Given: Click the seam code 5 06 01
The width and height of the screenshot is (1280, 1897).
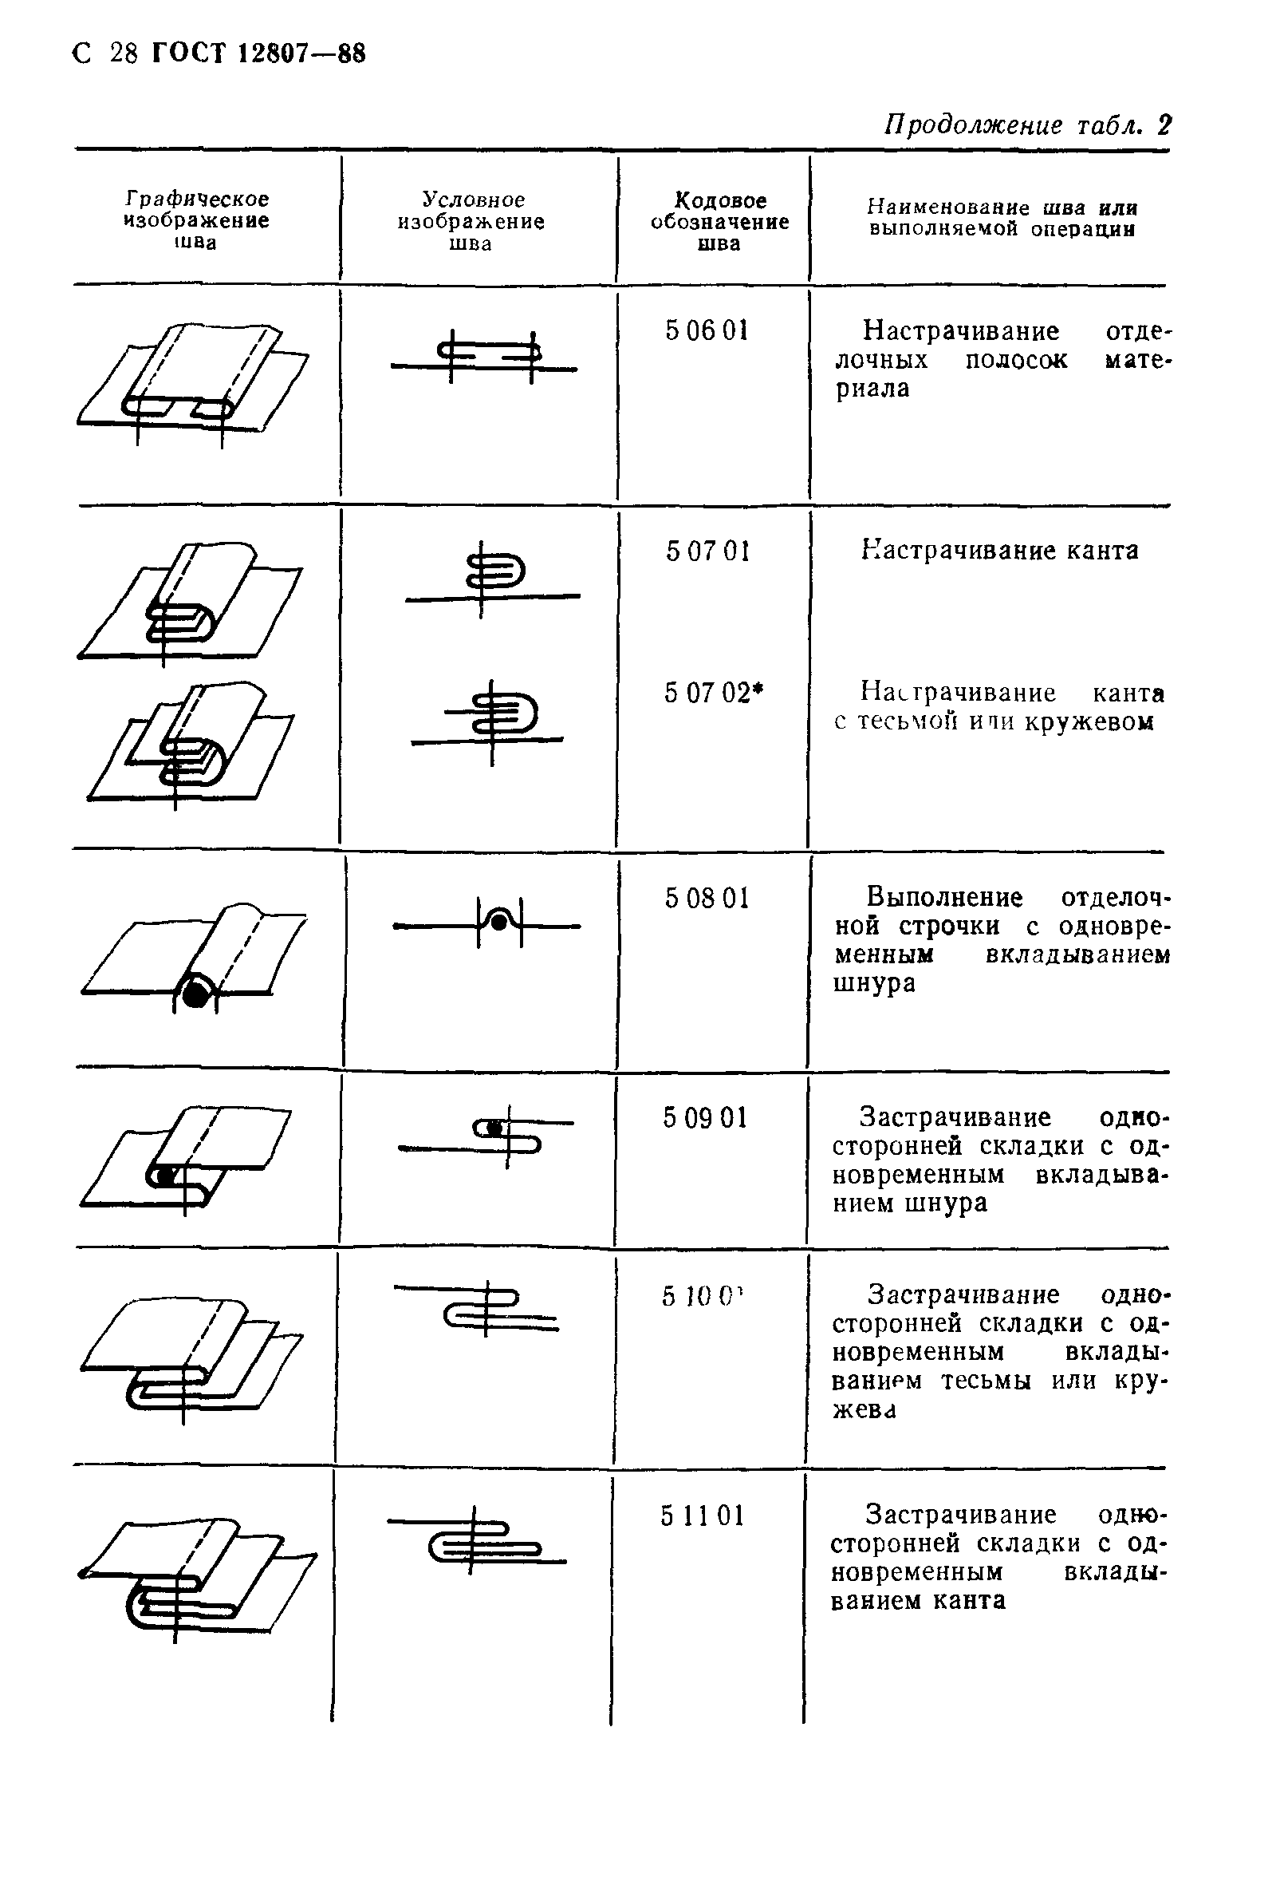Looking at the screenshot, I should tap(706, 330).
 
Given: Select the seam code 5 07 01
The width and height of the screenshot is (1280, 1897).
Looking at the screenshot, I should tap(707, 551).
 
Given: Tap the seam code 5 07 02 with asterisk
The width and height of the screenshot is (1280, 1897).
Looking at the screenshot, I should tap(713, 693).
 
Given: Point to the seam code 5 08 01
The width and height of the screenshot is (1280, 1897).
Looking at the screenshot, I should tap(706, 898).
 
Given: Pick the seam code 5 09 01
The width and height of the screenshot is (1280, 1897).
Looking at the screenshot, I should tap(705, 1117).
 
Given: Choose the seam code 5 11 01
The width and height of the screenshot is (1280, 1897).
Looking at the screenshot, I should tap(703, 1516).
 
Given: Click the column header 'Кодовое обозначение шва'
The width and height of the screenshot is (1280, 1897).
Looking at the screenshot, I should tap(719, 221).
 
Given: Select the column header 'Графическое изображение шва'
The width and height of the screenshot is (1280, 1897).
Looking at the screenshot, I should tap(196, 220).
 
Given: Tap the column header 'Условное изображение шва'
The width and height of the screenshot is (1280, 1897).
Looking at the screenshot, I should tap(471, 221).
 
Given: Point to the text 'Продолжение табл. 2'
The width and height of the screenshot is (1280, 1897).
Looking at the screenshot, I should tap(1027, 124).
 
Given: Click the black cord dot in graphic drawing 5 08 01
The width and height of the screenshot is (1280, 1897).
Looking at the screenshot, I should tap(194, 994).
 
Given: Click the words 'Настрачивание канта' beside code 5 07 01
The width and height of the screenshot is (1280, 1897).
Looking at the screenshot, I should tap(998, 551).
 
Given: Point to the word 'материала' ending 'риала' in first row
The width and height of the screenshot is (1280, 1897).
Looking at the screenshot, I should tap(872, 389).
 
